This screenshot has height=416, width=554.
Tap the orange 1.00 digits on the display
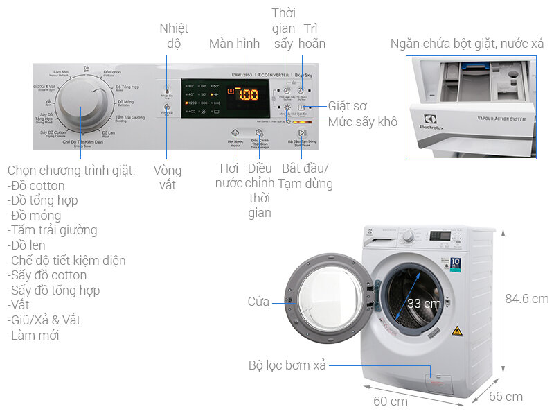tap(247, 94)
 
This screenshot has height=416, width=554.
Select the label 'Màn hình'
tap(234, 44)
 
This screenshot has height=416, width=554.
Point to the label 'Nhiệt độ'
tap(174, 36)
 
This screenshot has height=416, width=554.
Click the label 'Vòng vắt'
tap(168, 177)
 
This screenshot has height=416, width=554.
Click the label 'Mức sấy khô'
tap(363, 122)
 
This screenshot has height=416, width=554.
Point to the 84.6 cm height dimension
tap(526, 299)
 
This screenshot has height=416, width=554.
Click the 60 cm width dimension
tap(391, 401)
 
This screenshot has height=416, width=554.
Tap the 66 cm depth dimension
tap(506, 397)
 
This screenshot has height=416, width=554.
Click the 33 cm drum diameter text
tap(423, 304)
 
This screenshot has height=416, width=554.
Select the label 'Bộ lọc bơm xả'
tap(287, 365)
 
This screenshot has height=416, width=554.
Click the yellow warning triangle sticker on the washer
tap(456, 331)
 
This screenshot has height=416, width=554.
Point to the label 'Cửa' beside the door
tap(258, 302)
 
